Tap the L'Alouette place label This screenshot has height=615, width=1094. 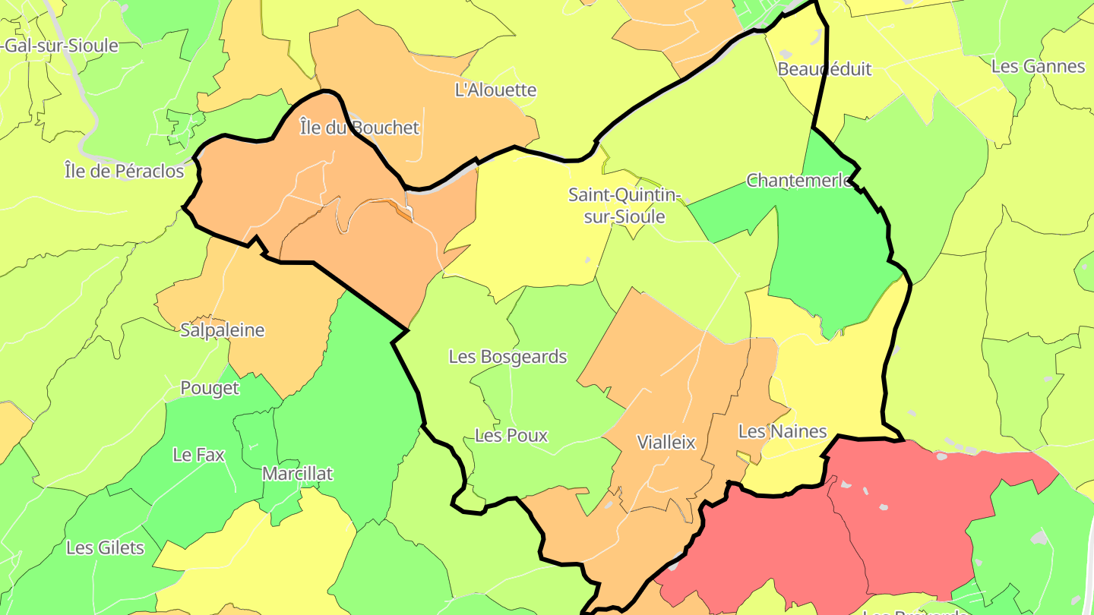pos(495,90)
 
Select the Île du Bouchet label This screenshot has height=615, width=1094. pos(359,128)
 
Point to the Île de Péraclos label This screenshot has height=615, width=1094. pos(125,172)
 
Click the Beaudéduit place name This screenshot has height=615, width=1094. pos(824,69)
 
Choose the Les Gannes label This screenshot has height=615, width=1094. pos(1038,67)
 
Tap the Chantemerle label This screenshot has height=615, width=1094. pos(798,181)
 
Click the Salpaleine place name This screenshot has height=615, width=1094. pos(223,330)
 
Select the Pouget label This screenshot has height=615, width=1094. pos(210,389)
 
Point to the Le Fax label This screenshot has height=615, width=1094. pos(199,455)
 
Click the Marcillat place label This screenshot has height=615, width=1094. pos(297,474)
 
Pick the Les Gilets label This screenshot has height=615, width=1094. pos(105,547)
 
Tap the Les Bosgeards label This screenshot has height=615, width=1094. pos(507,357)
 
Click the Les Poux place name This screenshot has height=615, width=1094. pos(511,436)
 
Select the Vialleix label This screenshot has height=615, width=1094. pos(666,443)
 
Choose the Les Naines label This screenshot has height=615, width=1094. pos(783,432)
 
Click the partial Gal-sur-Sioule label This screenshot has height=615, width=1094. pos(61,46)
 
